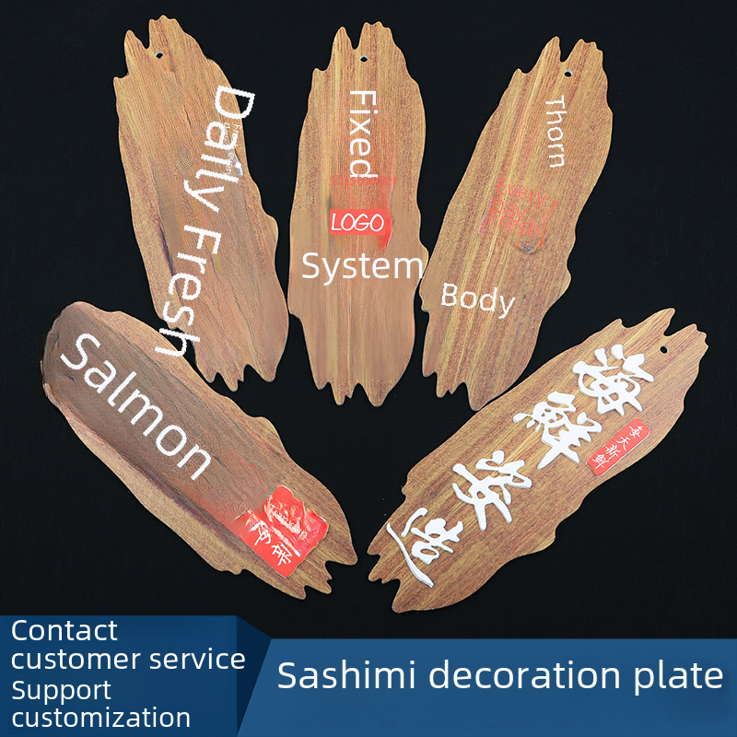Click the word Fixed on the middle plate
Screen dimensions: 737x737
pos(363,133)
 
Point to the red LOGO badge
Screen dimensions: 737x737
pos(359,222)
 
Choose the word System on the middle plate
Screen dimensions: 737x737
pos(362,266)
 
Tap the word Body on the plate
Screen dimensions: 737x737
pos(477,298)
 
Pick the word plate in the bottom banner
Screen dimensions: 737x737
pos(678,675)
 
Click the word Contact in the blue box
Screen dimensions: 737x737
pos(64,631)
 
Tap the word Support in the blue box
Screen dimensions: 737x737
pos(61,689)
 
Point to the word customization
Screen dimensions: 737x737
pos(101,717)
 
